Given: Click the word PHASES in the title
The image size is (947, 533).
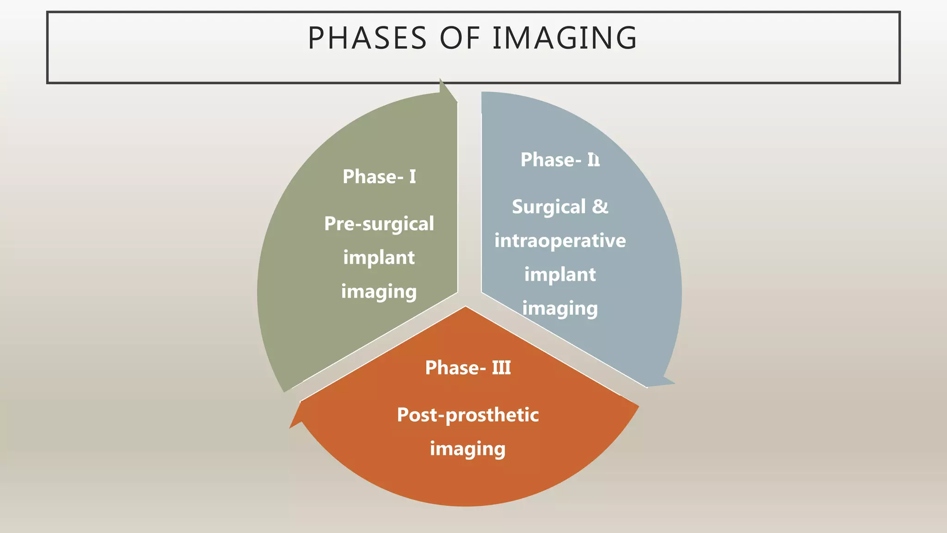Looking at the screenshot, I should (367, 38).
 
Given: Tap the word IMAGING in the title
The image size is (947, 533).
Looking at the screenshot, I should (565, 38).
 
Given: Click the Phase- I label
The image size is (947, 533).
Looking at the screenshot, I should (379, 177).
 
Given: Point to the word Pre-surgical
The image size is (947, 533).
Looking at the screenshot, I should (379, 224).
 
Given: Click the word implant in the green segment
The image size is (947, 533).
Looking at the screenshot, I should (379, 258).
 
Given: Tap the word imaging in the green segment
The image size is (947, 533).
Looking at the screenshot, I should (379, 292).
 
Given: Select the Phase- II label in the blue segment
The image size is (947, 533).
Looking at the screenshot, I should (560, 160).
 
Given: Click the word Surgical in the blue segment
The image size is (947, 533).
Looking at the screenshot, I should (549, 207).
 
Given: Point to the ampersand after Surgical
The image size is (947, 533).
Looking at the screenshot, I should (600, 206).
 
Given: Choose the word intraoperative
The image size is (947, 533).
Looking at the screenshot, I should (560, 241).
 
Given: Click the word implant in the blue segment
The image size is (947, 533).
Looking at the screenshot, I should (560, 275).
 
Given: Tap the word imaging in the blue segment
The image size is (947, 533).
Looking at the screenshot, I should (560, 309).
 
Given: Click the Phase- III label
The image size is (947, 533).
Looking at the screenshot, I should (468, 368).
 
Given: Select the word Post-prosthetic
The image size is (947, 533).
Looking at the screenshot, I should (468, 415).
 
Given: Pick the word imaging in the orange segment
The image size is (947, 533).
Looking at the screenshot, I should (468, 449).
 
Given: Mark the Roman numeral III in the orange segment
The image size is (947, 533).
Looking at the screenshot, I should (501, 368).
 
